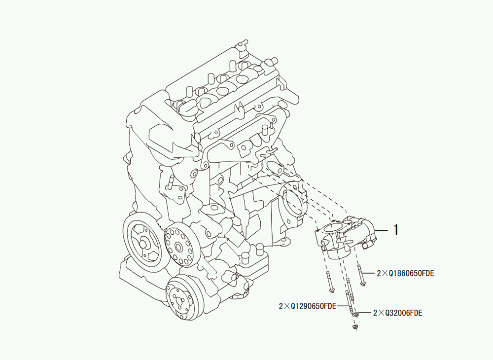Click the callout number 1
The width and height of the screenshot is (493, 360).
(x=396, y=230)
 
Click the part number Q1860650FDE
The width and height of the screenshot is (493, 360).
(x=412, y=274)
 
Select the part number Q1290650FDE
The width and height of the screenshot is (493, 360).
(x=314, y=306)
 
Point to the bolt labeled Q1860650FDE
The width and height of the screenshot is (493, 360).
(x=361, y=276)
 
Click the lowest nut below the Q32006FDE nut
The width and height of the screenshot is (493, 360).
(x=355, y=327)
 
